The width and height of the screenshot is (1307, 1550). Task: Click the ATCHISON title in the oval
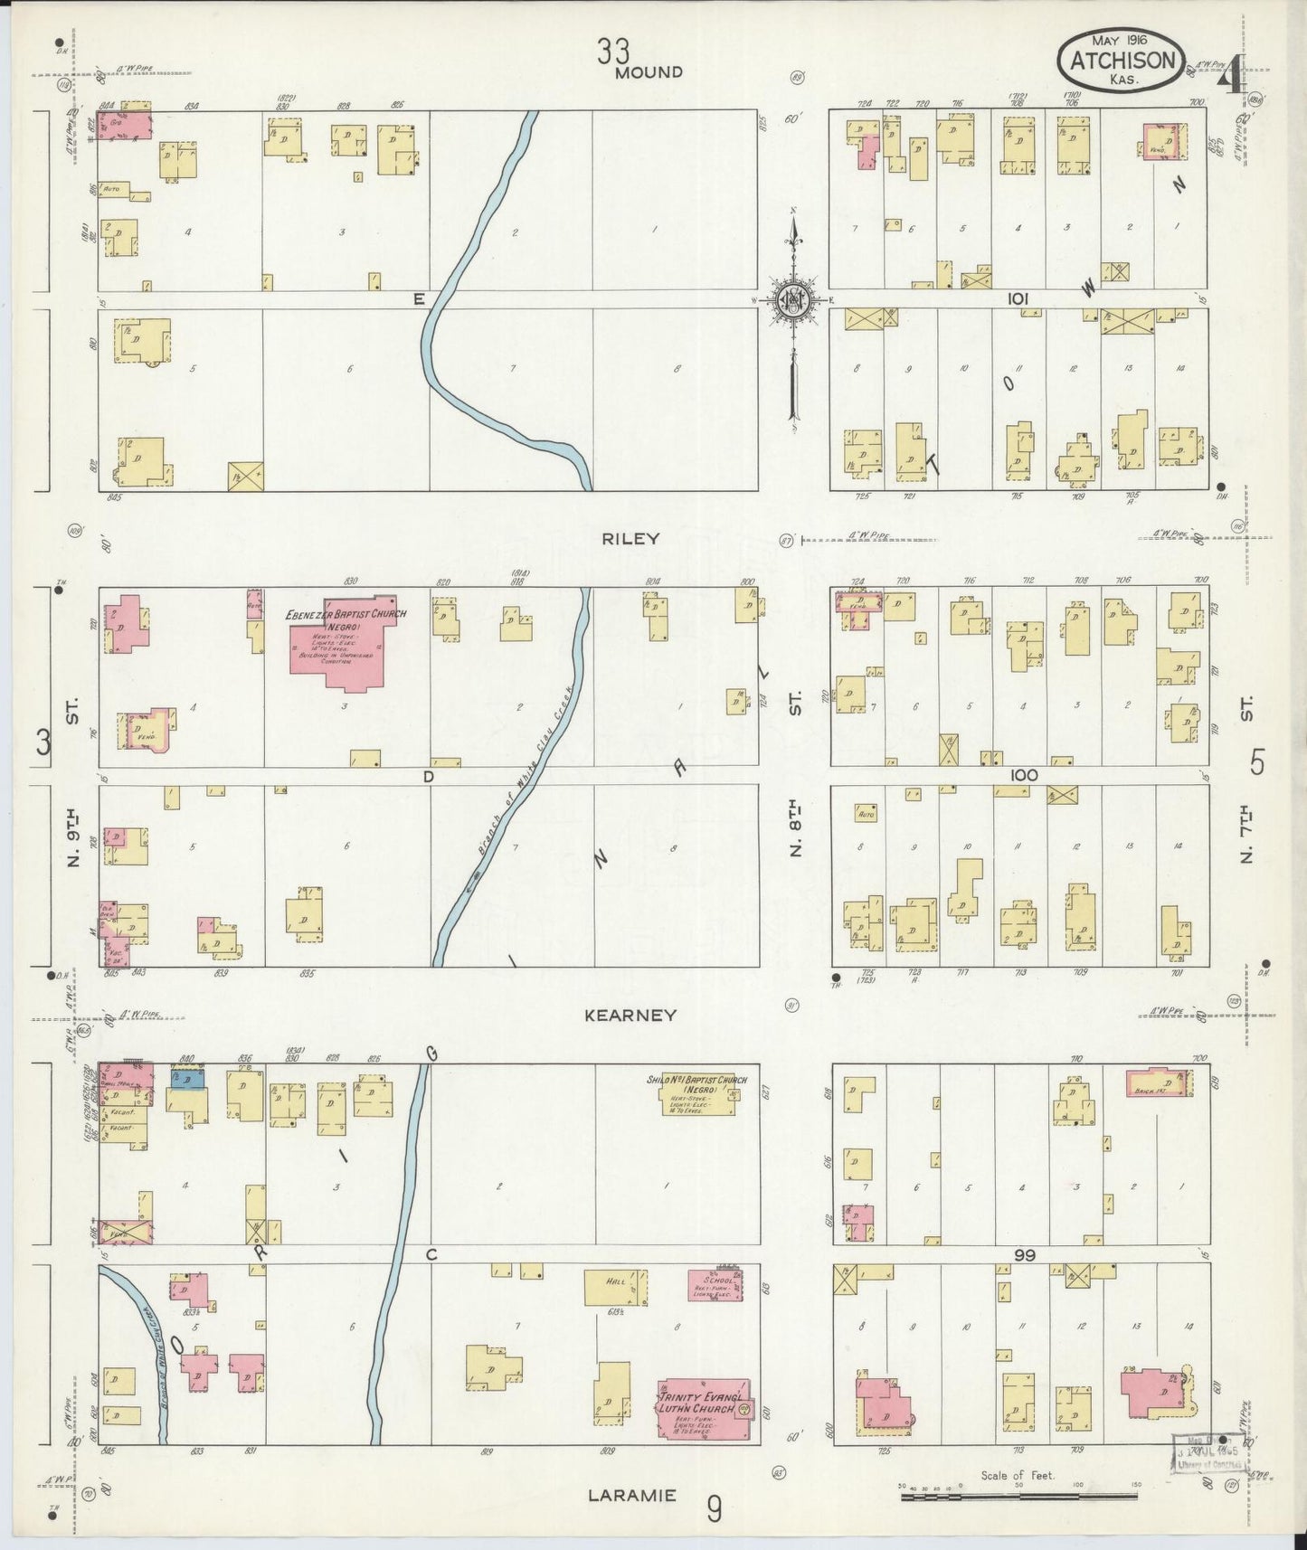(1122, 61)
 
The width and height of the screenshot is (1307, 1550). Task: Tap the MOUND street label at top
(648, 72)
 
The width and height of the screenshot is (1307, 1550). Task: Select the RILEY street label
(630, 539)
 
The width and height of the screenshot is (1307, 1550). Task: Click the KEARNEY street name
(630, 1016)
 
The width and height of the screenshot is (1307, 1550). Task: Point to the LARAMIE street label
(631, 1495)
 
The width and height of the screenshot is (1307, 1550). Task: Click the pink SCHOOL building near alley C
(715, 1286)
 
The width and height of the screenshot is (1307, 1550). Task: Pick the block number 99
(1024, 1255)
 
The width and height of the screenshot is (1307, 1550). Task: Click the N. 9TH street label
(72, 836)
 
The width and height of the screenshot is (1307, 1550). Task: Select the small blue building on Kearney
(190, 1078)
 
